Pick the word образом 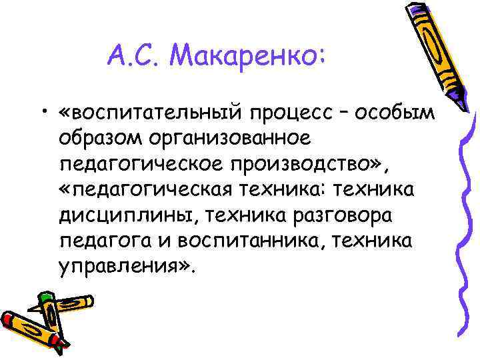point(101,139)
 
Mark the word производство point(311,165)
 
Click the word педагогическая point(155,190)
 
